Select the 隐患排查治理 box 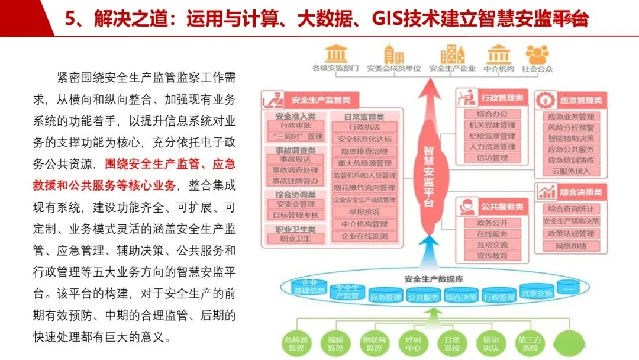pyautogui.click(x=364, y=151)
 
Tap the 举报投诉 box pyautogui.click(x=364, y=212)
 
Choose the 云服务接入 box pyautogui.click(x=571, y=171)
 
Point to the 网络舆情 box pyautogui.click(x=571, y=246)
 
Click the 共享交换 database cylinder pyautogui.click(x=537, y=293)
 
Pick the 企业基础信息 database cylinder pyautogui.click(x=309, y=287)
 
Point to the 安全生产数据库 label pyautogui.click(x=428, y=279)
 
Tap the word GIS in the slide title pyautogui.click(x=388, y=19)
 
